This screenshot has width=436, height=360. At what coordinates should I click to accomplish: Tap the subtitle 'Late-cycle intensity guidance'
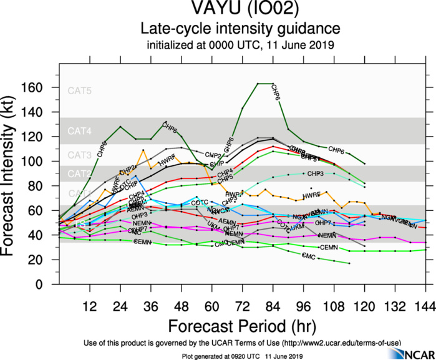coord(240,29)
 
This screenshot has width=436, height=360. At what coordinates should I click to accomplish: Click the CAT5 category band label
coord(80,91)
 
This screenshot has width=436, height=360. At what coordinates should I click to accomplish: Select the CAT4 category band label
coord(80,132)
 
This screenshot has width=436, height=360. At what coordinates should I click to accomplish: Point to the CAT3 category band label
coord(80,155)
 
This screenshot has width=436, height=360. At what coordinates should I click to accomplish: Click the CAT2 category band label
coord(80,173)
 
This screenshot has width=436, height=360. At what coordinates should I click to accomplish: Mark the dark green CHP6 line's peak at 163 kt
coord(265,84)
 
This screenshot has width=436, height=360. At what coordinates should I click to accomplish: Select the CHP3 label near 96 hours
coord(315,173)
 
